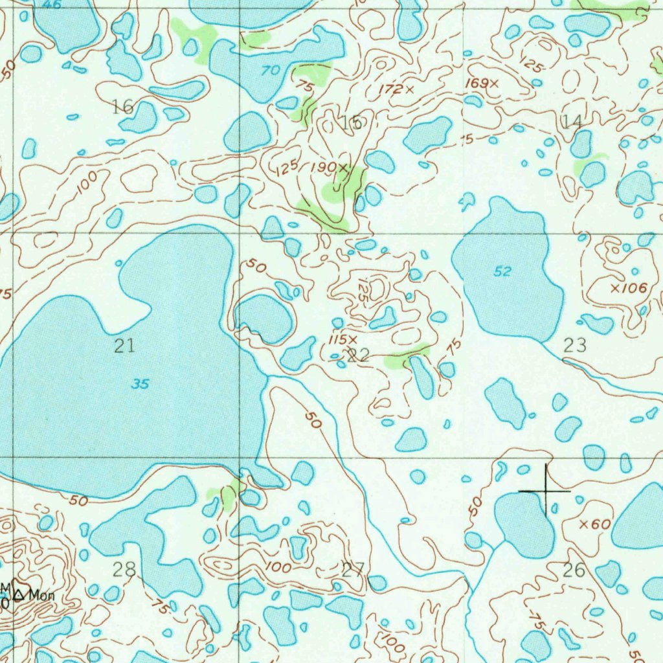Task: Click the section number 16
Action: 122,107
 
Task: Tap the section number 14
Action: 572,121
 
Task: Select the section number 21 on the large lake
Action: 124,346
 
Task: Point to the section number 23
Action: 575,346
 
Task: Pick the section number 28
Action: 124,570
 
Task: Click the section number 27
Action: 353,570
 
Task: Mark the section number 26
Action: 574,570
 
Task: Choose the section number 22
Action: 358,354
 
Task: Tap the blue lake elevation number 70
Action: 271,71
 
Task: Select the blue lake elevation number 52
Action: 503,272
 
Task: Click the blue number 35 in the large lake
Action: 140,384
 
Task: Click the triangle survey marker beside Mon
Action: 19,593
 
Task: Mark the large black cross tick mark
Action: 546,491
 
